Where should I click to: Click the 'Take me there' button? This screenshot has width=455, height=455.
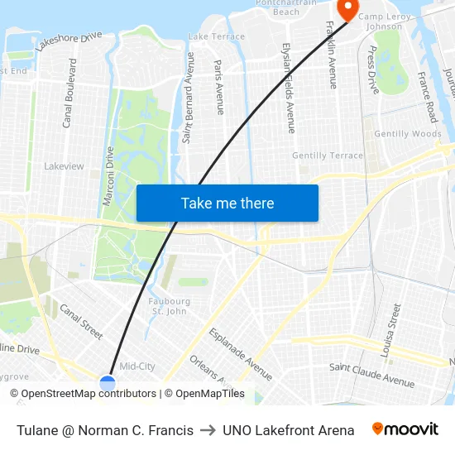[227, 203]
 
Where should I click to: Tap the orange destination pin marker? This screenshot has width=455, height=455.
[347, 10]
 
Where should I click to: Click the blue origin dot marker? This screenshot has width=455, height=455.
[108, 382]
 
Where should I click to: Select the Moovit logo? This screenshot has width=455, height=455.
[405, 429]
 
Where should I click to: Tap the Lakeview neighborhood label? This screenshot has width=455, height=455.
[64, 166]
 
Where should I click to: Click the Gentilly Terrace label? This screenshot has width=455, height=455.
[328, 156]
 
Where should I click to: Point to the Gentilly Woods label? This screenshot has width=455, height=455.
[408, 134]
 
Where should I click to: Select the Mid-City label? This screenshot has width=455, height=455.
[137, 366]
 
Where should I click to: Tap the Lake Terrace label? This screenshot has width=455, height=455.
[217, 36]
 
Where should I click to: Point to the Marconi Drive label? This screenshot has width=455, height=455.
[108, 176]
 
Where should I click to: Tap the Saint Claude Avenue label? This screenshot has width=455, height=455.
[371, 374]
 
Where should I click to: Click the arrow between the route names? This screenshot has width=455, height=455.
[208, 430]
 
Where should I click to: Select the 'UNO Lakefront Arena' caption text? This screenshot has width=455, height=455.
[288, 430]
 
